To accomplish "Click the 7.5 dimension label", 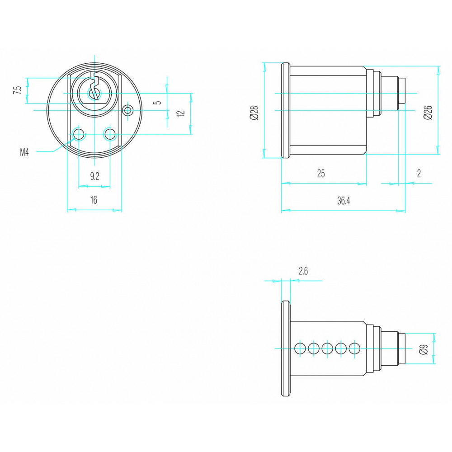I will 17,89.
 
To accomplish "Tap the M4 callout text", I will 25,152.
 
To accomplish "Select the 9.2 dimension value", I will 94,176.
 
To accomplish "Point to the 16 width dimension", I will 94,200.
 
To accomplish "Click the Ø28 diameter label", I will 254,112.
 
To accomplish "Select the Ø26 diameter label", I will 428,112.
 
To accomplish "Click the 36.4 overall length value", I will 344,202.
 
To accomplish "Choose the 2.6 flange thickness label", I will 303,271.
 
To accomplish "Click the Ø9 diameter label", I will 423,349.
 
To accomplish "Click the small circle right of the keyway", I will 128,110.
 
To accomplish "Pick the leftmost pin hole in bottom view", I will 300,348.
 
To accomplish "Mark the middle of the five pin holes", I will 328,348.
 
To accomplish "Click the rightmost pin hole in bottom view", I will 355,348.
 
